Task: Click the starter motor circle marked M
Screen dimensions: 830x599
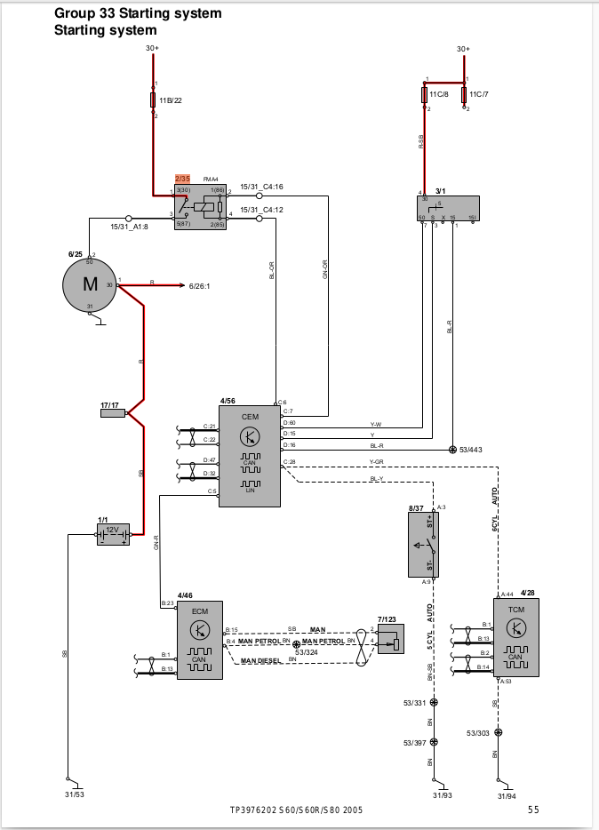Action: coord(89,285)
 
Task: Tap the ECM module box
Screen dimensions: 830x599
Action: coord(200,640)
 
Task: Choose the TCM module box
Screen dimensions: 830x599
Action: coord(516,637)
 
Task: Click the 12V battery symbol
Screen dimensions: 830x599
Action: coord(113,533)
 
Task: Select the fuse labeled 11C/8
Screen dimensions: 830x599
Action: coord(425,95)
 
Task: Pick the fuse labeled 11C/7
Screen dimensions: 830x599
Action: coord(464,95)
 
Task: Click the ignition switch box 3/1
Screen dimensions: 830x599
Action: coord(448,208)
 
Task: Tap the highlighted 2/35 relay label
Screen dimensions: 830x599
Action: coord(182,179)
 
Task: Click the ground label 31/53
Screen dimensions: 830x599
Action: coord(74,794)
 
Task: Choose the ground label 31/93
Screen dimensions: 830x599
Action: coord(443,795)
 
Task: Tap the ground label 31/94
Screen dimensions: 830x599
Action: coord(506,795)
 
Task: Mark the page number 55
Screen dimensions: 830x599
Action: coord(533,810)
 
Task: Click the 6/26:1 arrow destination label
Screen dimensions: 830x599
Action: coord(200,286)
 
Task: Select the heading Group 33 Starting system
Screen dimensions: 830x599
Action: coord(138,14)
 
